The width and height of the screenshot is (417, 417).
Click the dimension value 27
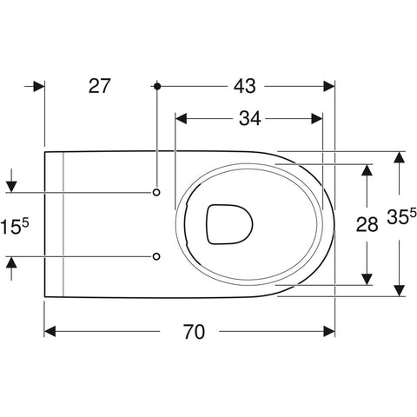[x=99, y=86]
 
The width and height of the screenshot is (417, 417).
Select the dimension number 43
[x=245, y=86]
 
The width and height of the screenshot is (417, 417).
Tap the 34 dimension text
[x=249, y=118]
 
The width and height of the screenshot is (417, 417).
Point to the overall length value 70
[x=194, y=332]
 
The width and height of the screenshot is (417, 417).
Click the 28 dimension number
[x=367, y=224]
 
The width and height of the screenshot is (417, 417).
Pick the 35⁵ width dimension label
[x=401, y=216]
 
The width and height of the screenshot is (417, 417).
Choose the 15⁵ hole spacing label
[x=15, y=226]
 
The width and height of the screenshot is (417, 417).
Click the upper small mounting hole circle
[x=156, y=192]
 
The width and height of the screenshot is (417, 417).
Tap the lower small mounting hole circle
[x=156, y=256]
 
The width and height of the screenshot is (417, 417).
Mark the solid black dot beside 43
[x=157, y=86]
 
